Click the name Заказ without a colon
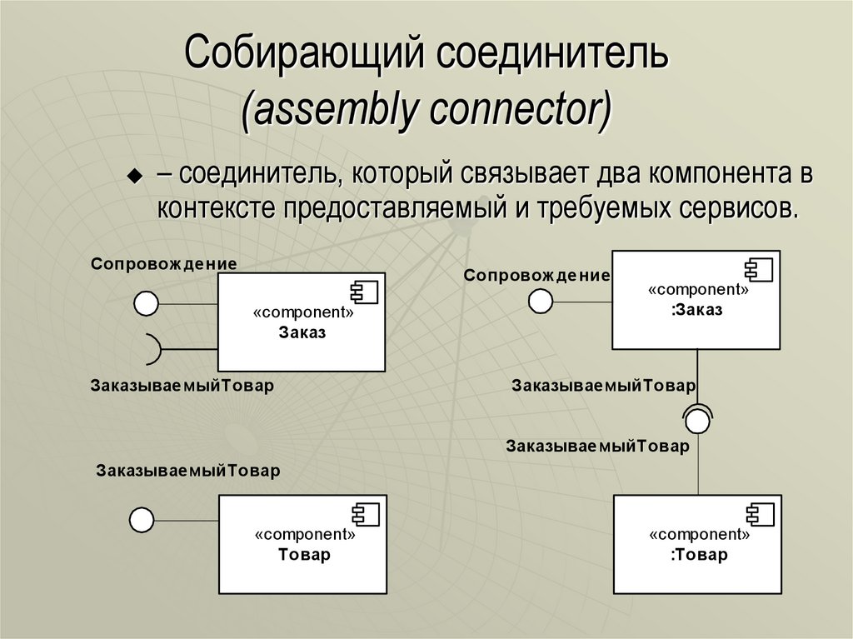(x=302, y=332)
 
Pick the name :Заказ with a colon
(x=696, y=310)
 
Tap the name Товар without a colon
(x=303, y=555)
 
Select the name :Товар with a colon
(x=698, y=555)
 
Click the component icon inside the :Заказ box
(x=759, y=270)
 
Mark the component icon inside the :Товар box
(x=759, y=515)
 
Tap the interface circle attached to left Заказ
(x=147, y=304)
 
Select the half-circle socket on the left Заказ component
(x=152, y=348)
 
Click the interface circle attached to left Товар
(x=142, y=521)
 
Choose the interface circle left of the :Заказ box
(x=541, y=301)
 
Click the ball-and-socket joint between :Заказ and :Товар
(x=697, y=419)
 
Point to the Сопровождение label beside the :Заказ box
(x=536, y=274)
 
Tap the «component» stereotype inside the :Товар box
(x=698, y=535)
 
